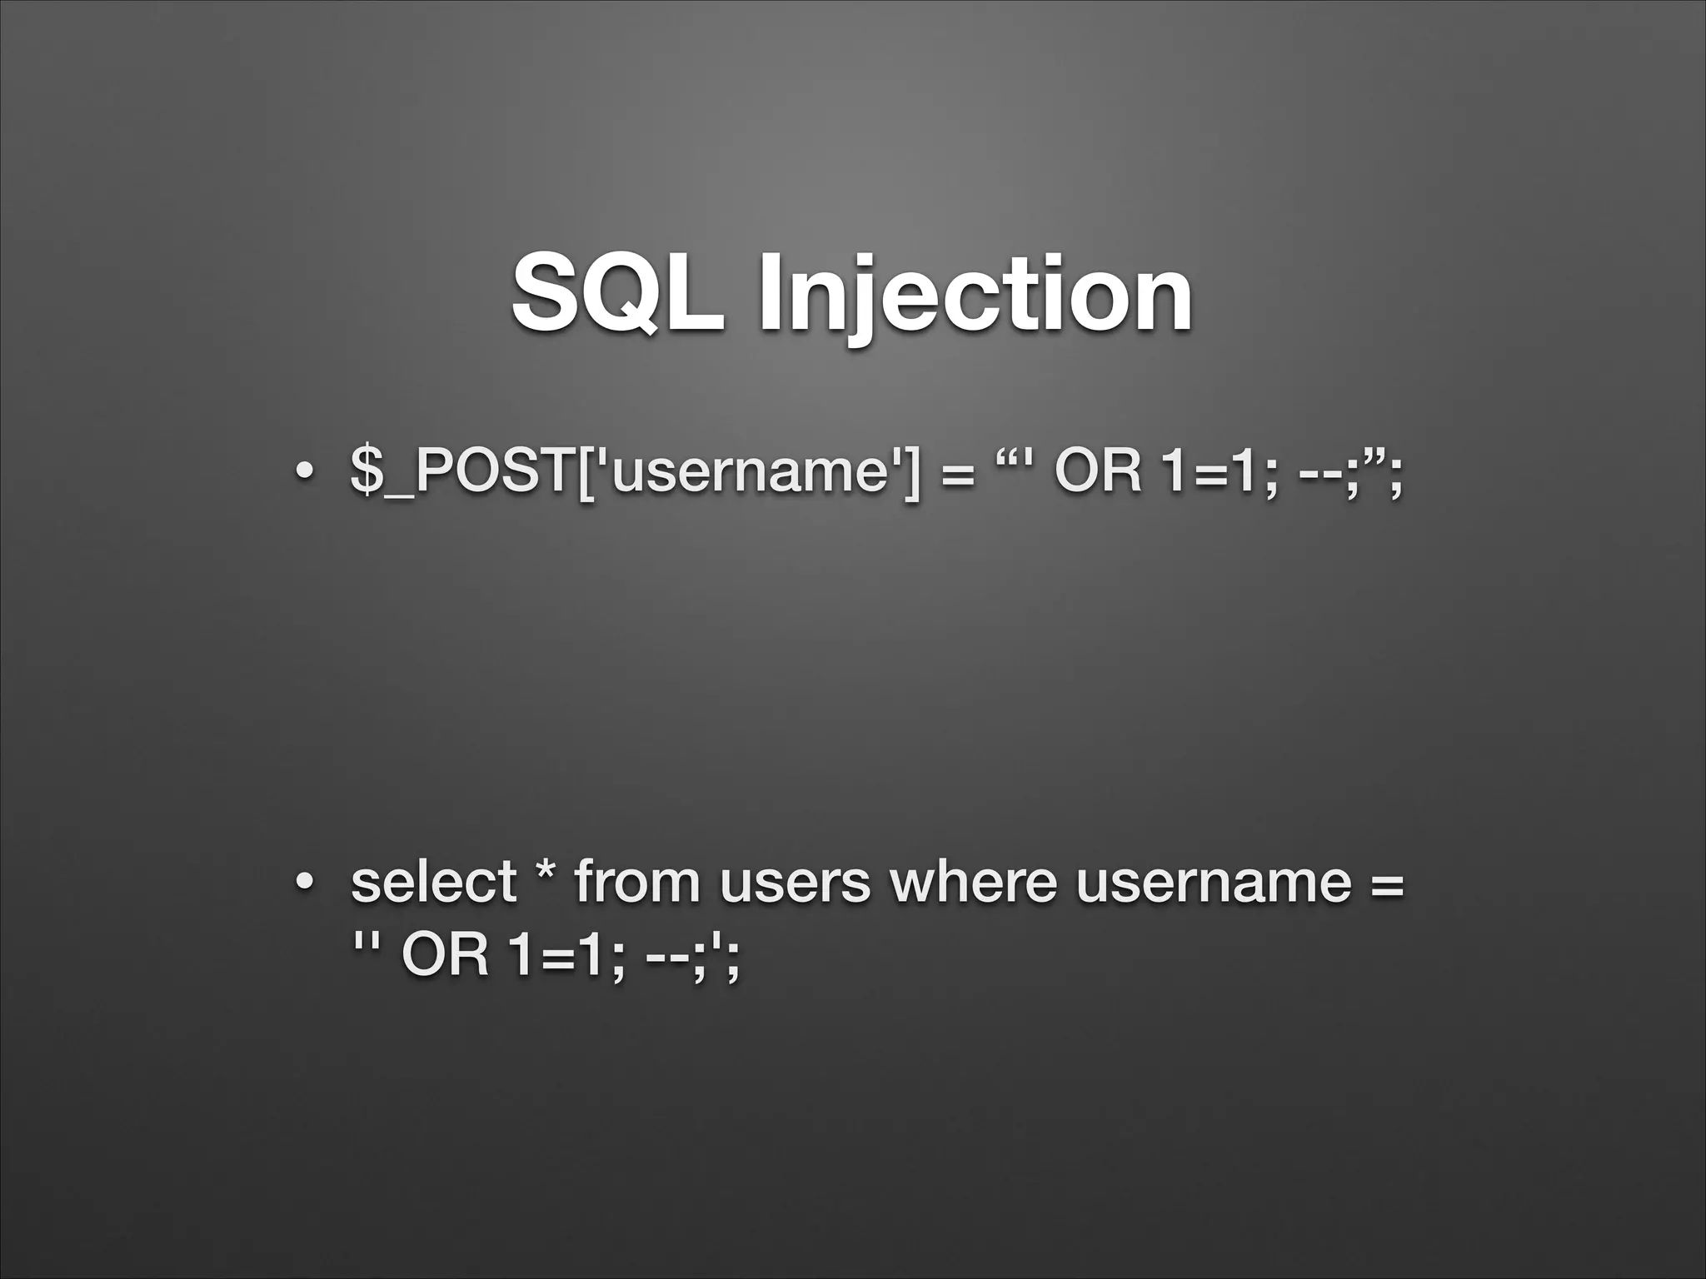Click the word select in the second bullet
[433, 883]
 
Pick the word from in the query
[637, 883]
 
